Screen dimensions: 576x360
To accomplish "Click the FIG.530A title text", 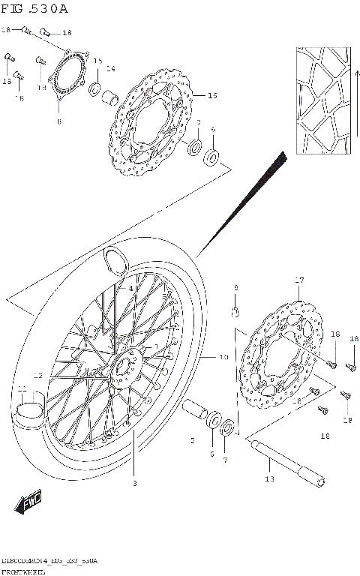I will [x=34, y=9].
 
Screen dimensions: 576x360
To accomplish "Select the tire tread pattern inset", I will [x=322, y=103].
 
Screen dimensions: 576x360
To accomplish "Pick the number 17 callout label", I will [x=298, y=280].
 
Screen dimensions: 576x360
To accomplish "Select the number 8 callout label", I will [x=59, y=121].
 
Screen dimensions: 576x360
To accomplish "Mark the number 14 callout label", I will [x=111, y=69].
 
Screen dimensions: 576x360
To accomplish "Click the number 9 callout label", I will [x=235, y=288].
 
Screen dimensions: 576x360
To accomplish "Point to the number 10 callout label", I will [x=223, y=358].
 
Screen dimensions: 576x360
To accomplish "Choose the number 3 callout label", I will [x=134, y=484].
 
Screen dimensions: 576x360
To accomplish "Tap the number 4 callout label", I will [x=130, y=288].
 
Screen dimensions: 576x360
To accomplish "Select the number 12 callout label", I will [x=36, y=376].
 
